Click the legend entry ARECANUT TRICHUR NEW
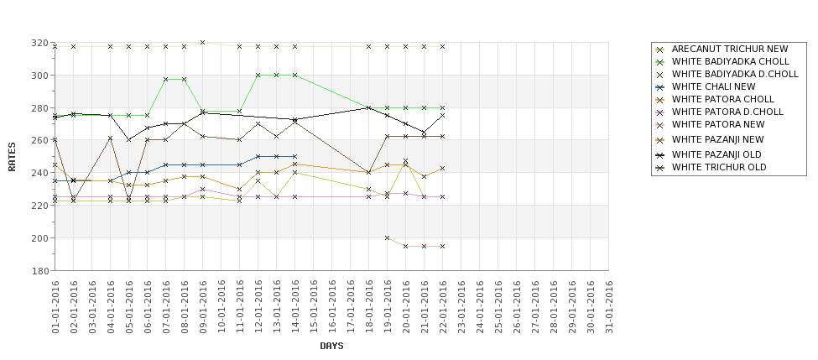pyautogui.click(x=730, y=50)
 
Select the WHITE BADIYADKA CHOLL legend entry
pyautogui.click(x=730, y=61)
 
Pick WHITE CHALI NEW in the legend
pyautogui.click(x=713, y=86)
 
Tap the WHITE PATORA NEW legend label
pyautogui.click(x=718, y=124)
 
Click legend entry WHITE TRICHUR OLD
pyautogui.click(x=718, y=167)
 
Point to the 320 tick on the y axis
pyautogui.click(x=39, y=43)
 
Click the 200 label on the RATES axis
pyautogui.click(x=39, y=238)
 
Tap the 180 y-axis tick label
pyautogui.click(x=39, y=271)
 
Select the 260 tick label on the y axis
pyautogui.click(x=39, y=140)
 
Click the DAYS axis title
pyautogui.click(x=331, y=346)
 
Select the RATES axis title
pyautogui.click(x=13, y=156)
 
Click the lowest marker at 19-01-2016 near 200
pyautogui.click(x=387, y=238)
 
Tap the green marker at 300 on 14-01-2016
pyautogui.click(x=294, y=76)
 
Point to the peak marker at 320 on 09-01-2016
pyautogui.click(x=202, y=43)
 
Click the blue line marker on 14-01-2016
pyautogui.click(x=294, y=156)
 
